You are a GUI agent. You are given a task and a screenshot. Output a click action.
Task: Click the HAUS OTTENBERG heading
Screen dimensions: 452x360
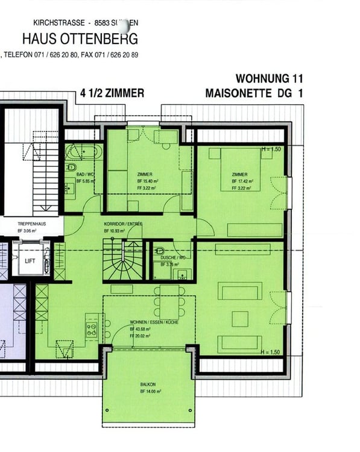[x=80, y=39]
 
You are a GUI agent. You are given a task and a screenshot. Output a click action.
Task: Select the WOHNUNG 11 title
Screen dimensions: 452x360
[x=269, y=79]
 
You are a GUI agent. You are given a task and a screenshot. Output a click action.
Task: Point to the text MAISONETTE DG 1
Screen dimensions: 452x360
[x=254, y=93]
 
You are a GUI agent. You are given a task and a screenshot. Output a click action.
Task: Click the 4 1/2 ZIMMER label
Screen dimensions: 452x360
[x=112, y=93]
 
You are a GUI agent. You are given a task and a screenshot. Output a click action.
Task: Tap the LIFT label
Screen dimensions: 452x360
[x=30, y=262]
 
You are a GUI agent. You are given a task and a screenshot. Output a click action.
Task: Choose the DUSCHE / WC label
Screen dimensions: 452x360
[x=172, y=257]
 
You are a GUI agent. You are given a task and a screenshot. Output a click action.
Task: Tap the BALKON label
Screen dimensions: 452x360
[x=148, y=384]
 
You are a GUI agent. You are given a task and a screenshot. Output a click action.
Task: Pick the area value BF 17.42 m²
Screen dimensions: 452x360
[x=242, y=181]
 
